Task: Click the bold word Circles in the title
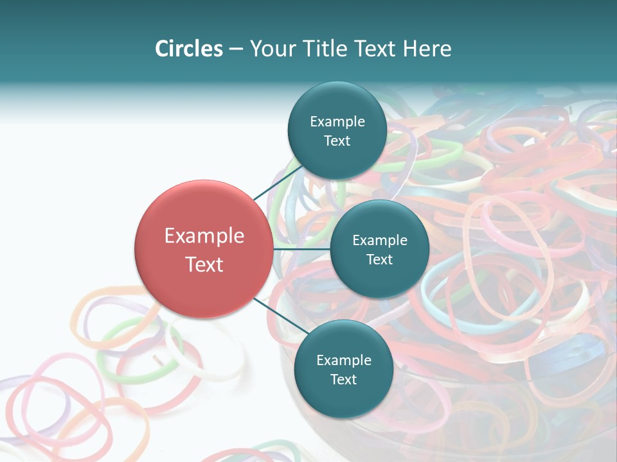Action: click(x=189, y=48)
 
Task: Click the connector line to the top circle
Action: click(x=278, y=183)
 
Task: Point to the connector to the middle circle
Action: click(x=301, y=248)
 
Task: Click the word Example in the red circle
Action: click(x=204, y=235)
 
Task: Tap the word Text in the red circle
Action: click(x=204, y=264)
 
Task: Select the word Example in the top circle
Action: click(x=337, y=121)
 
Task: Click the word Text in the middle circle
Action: click(x=379, y=259)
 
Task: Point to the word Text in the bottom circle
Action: click(x=343, y=379)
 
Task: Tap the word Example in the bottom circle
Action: click(x=343, y=360)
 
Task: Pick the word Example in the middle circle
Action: click(x=379, y=240)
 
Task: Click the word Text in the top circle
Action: click(x=337, y=141)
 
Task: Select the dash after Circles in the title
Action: click(x=236, y=49)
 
